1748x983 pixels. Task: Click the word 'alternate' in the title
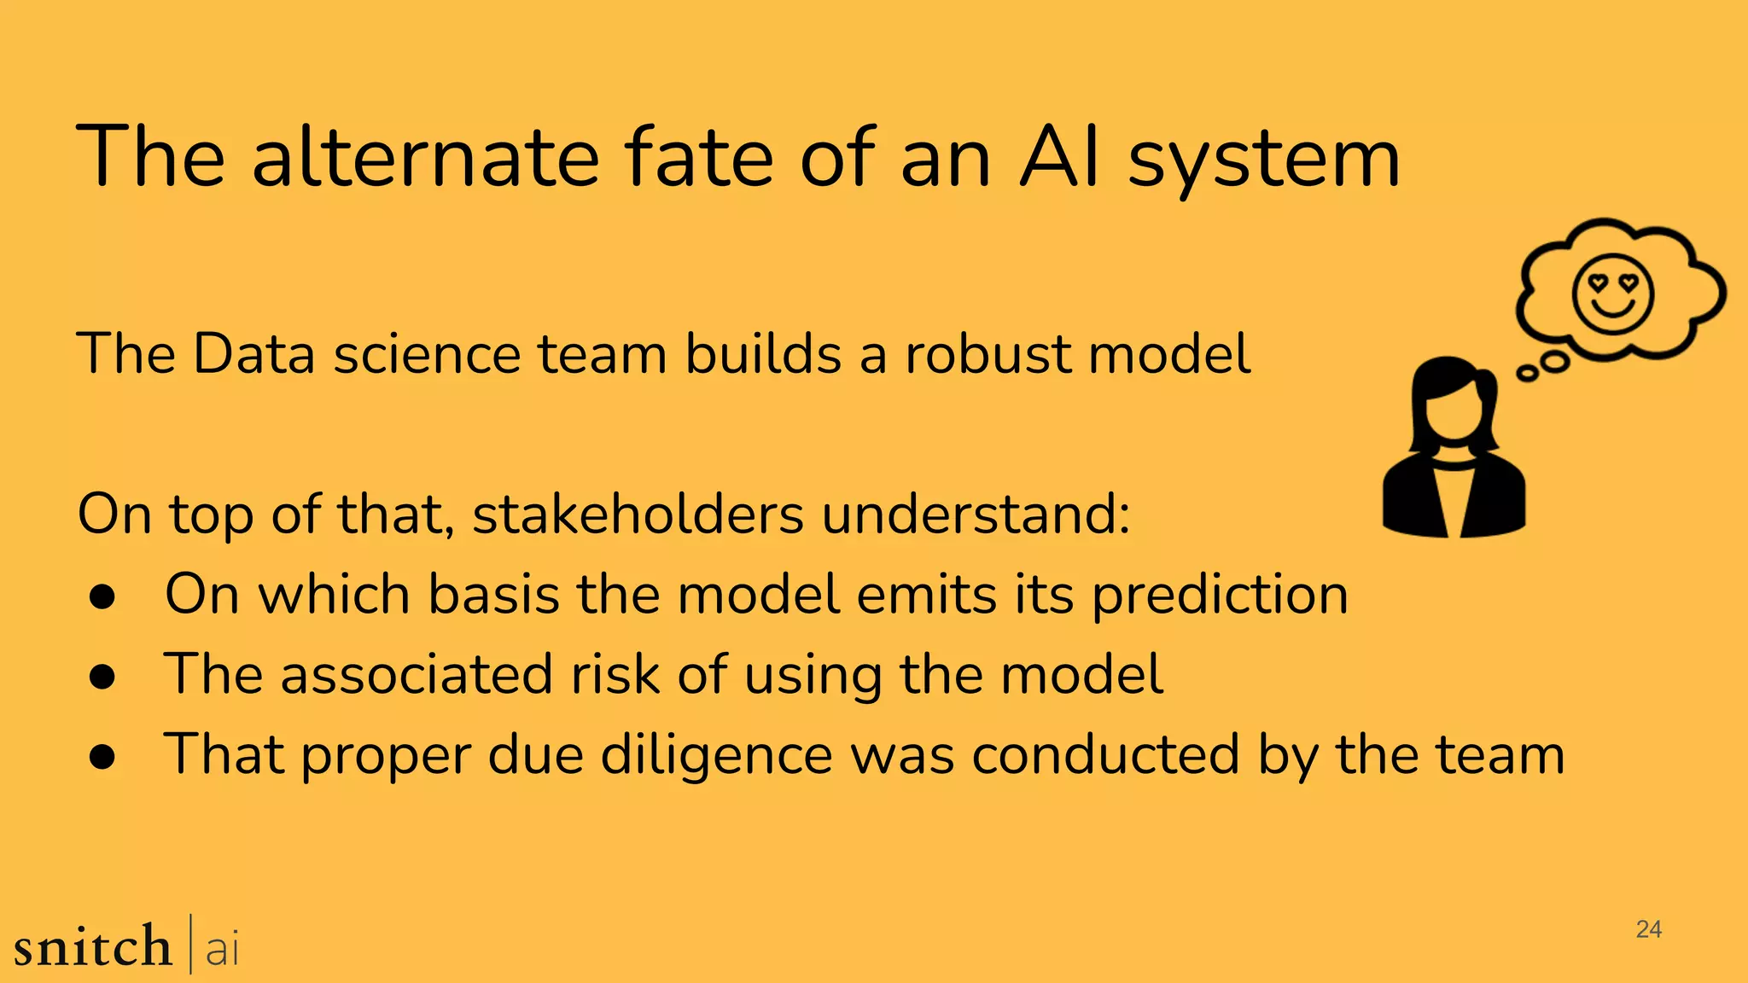(426, 158)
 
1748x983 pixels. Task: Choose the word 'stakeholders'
(638, 515)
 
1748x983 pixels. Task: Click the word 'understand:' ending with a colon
(976, 515)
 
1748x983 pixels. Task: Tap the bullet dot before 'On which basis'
(102, 598)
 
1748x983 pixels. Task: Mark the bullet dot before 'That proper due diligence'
(102, 757)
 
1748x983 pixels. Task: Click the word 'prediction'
(1221, 595)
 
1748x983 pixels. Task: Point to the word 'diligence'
(716, 755)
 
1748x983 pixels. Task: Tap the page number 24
(1648, 929)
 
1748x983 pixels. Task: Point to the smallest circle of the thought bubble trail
(1526, 373)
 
